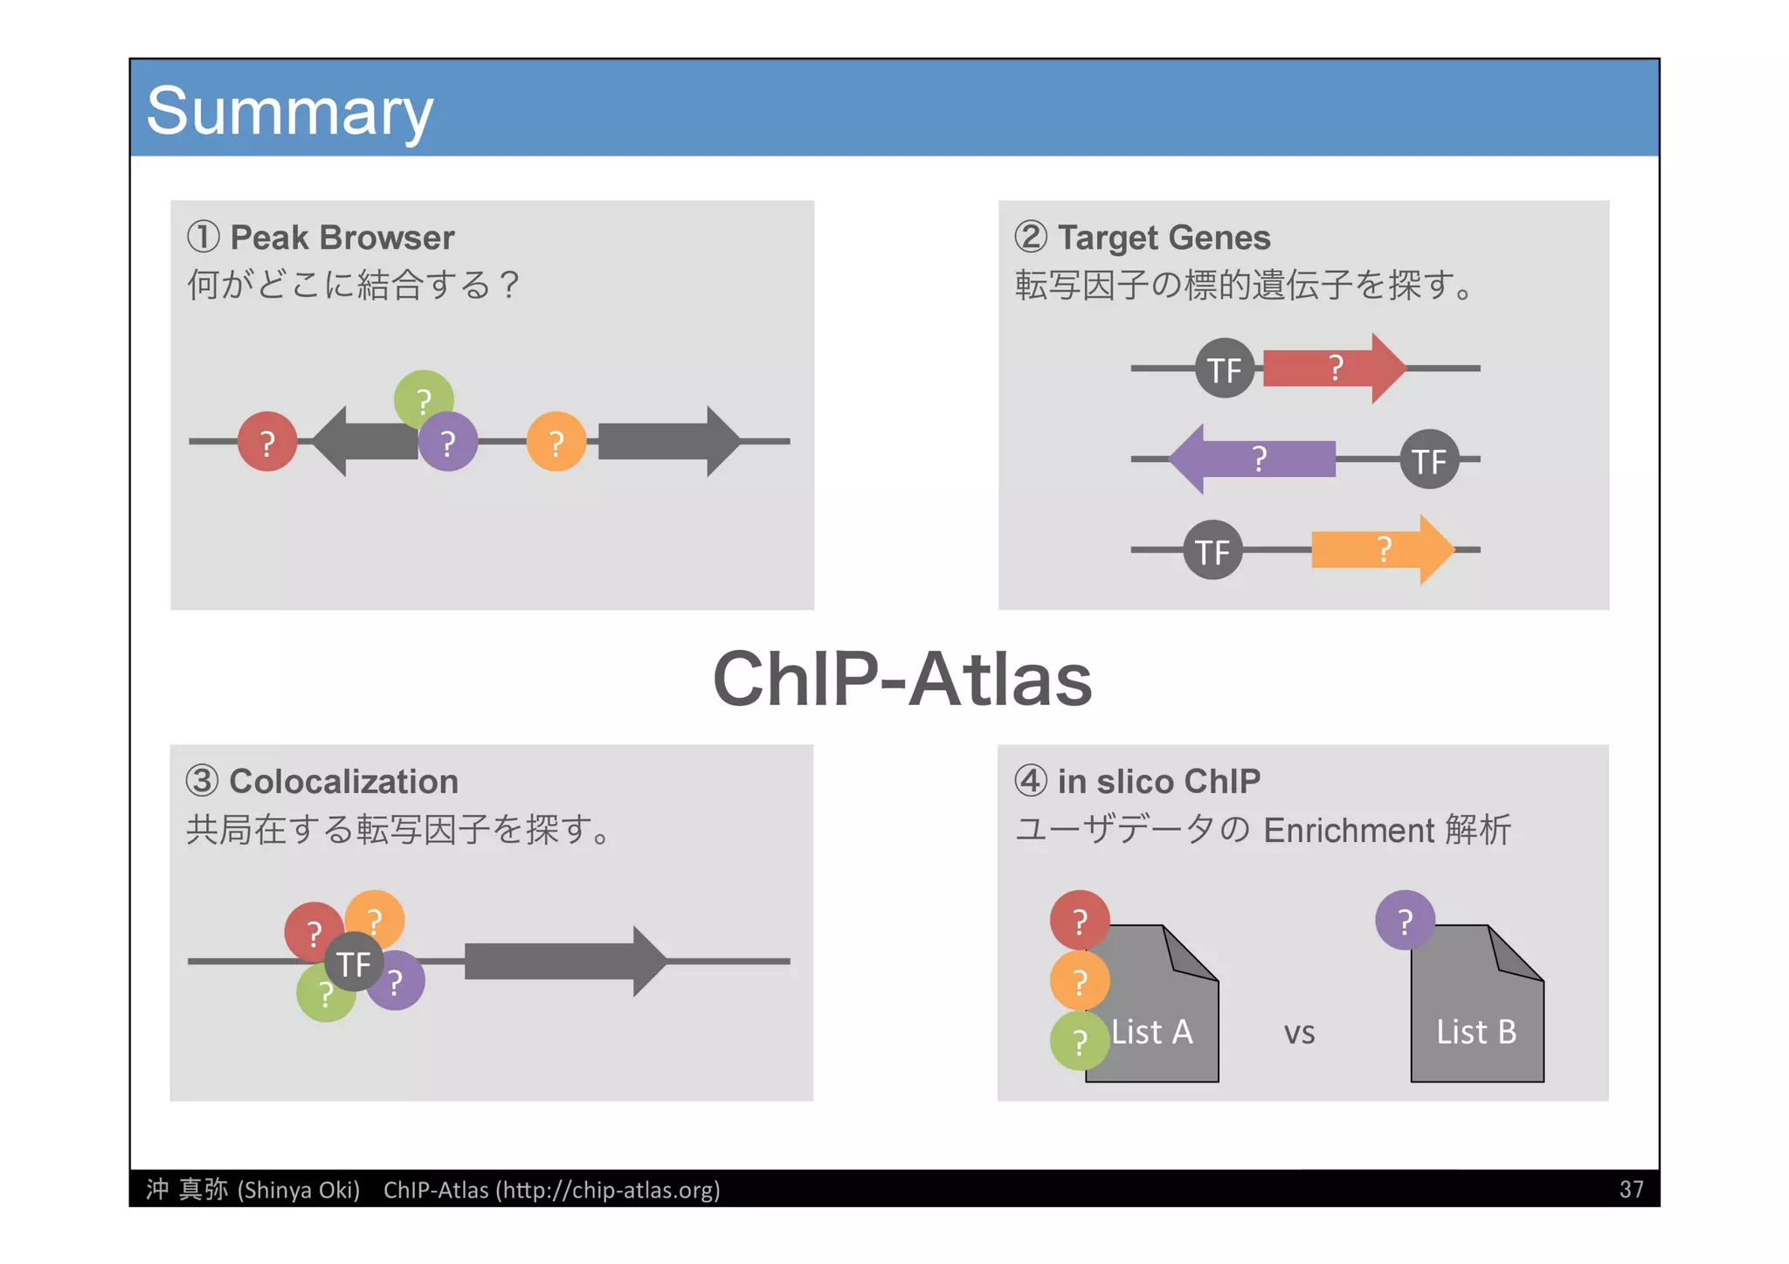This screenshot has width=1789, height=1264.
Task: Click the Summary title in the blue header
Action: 289,111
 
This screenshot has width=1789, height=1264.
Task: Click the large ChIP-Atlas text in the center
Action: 901,679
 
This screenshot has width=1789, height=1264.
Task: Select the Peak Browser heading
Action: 341,238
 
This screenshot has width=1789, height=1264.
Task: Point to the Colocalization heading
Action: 342,781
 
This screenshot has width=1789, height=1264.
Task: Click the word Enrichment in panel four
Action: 1348,830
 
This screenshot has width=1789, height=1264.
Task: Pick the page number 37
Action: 1630,1189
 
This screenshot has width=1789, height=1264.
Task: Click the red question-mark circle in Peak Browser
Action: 267,442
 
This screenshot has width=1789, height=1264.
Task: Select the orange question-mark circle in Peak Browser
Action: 556,442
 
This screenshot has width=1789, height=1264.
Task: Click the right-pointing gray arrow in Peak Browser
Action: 668,441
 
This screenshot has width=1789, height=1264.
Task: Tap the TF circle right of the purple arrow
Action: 1429,459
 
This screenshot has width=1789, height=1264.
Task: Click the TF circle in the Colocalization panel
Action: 354,963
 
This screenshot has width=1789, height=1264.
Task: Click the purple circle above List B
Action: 1405,920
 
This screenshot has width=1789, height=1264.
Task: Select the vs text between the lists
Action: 1299,1033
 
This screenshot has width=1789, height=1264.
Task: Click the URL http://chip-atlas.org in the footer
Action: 609,1189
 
